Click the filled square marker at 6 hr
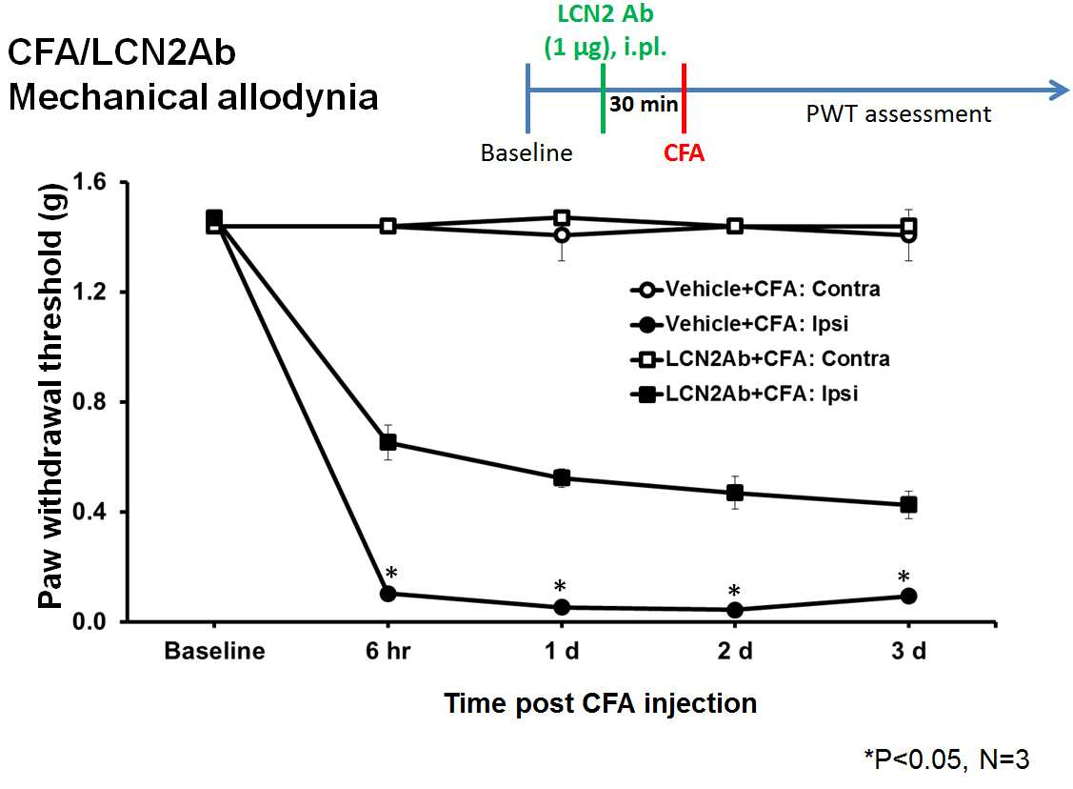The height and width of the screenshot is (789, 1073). (x=388, y=442)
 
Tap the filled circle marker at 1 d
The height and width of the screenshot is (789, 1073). (x=562, y=608)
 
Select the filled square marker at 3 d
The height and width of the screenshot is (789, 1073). (x=908, y=505)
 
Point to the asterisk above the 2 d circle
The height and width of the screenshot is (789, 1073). (x=734, y=591)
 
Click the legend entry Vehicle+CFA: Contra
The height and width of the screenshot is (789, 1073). (x=755, y=289)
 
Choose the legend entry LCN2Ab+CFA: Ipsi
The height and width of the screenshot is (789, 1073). (x=744, y=394)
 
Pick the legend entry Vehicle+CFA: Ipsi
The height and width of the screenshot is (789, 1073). (x=739, y=324)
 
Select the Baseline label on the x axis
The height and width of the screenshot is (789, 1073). (x=214, y=651)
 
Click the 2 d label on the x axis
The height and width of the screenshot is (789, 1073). (x=735, y=651)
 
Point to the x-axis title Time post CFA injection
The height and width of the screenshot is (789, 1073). (x=600, y=703)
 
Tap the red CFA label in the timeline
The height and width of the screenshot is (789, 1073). (x=684, y=152)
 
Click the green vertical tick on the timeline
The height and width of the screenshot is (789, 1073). (x=603, y=98)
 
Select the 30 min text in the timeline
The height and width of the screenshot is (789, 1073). (x=644, y=104)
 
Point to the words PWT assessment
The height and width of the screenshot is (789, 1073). (x=899, y=113)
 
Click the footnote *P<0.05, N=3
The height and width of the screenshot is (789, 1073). (x=946, y=759)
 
